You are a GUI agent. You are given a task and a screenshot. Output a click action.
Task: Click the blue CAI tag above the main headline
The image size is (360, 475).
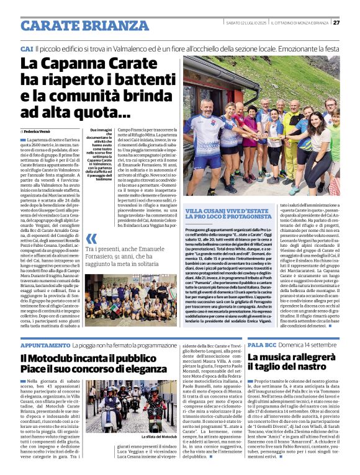(27, 48)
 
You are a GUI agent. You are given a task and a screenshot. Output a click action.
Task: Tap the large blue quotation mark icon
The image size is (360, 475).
(91, 238)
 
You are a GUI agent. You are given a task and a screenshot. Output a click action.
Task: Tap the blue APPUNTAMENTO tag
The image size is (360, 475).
(45, 344)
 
